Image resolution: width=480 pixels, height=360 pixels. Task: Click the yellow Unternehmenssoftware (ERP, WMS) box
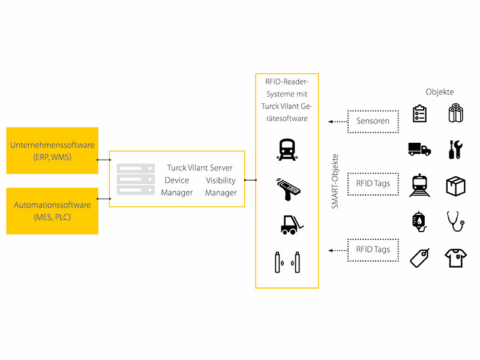(x=52, y=151)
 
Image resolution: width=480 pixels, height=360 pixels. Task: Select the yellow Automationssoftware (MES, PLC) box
(x=52, y=211)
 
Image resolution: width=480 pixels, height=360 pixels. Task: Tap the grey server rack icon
(x=136, y=179)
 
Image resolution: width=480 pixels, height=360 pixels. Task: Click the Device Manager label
(x=177, y=187)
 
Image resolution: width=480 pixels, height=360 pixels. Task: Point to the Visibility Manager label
(x=221, y=187)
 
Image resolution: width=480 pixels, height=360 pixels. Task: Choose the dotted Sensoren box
(x=373, y=122)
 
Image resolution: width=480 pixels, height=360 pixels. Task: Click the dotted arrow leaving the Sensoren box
(x=338, y=122)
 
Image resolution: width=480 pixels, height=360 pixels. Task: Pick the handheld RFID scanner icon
(x=288, y=190)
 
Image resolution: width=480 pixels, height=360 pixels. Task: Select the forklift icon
(x=292, y=225)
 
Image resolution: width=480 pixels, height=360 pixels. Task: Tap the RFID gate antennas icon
(x=287, y=262)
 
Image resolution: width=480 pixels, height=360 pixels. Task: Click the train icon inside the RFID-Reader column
(x=287, y=149)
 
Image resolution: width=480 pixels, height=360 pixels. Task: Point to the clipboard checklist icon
(x=419, y=113)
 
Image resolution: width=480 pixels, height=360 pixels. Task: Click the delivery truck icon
(x=419, y=149)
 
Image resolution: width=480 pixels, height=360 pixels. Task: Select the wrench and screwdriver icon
(x=455, y=149)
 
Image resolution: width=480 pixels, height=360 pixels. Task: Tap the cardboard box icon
(x=455, y=186)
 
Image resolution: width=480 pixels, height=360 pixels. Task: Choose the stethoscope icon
(x=455, y=221)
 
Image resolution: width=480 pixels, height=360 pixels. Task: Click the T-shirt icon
(x=455, y=258)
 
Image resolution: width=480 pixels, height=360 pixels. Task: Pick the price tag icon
(x=419, y=258)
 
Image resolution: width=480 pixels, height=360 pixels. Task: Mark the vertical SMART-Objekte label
(x=335, y=181)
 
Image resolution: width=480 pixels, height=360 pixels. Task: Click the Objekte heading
(x=440, y=92)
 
